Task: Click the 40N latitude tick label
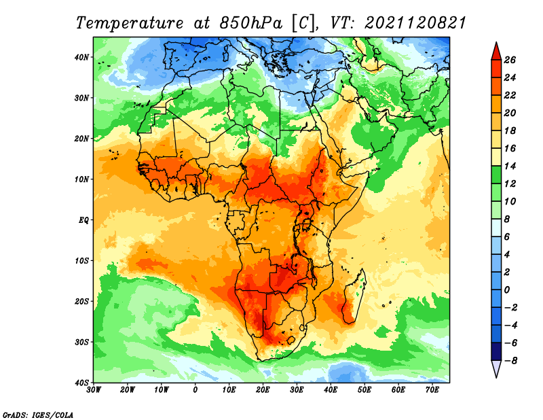tap(81, 57)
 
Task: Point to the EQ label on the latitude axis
tap(83, 220)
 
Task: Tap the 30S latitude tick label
tap(81, 343)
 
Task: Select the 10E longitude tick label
tap(229, 390)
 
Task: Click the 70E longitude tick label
tap(432, 390)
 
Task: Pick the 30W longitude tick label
tap(94, 390)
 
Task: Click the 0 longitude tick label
tap(195, 390)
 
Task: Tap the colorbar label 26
tap(510, 60)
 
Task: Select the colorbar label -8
tap(508, 361)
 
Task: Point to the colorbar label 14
tap(510, 166)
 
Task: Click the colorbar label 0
tap(507, 290)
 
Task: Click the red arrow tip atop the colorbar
tap(496, 43)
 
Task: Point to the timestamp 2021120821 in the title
tap(415, 23)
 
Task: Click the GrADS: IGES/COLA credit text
tap(38, 415)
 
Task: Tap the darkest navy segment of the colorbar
tap(496, 351)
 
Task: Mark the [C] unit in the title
tap(304, 24)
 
